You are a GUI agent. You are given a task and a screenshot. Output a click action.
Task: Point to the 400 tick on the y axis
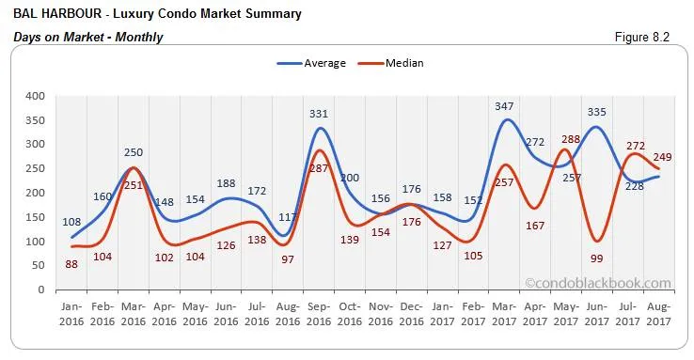point(34,96)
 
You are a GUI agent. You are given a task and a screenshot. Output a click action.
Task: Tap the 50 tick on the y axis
point(38,266)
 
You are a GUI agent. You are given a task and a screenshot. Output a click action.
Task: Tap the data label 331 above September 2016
point(319,115)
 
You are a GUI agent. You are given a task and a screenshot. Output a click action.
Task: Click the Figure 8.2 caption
point(648,37)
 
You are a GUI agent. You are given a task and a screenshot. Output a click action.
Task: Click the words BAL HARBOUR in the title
point(49,14)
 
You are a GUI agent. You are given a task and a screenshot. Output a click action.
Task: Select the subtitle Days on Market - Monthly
point(88,37)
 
